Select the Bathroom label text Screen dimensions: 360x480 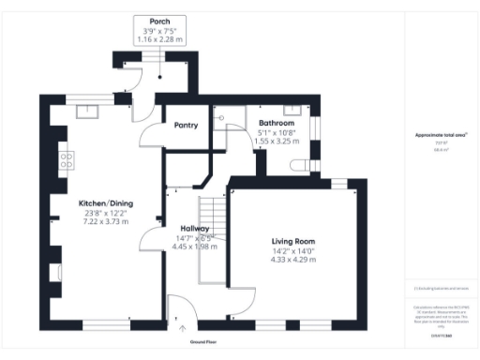click(277, 123)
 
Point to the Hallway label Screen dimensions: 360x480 click(196, 228)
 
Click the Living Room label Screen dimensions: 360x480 click(293, 241)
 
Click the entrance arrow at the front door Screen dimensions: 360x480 click(182, 327)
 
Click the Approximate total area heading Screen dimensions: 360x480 click(441, 135)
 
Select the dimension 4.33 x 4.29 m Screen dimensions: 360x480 click(293, 259)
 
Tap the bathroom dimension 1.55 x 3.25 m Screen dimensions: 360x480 click(276, 140)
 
